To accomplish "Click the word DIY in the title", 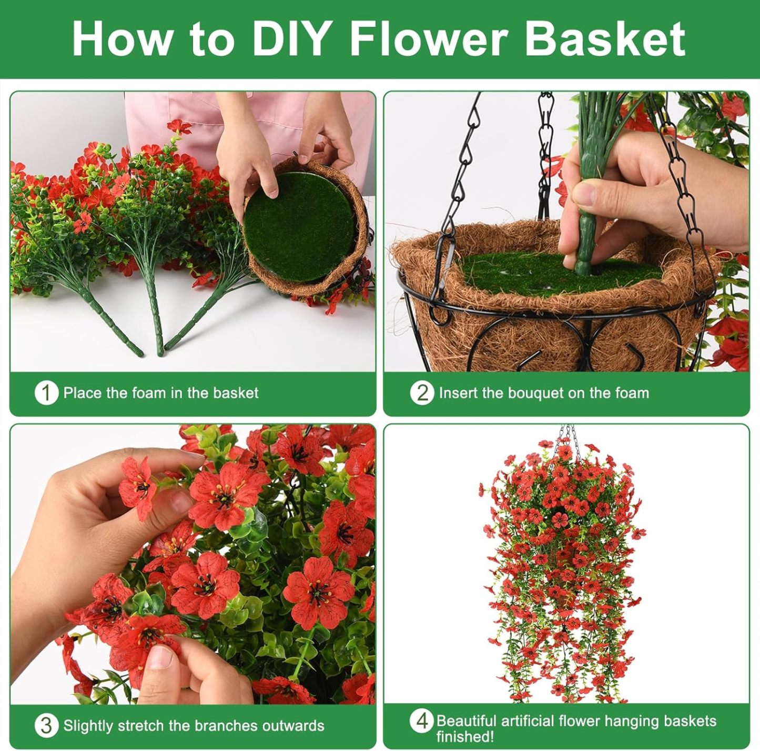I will [291, 39].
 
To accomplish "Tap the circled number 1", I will [46, 393].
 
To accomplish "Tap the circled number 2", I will [422, 393].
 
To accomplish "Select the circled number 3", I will [46, 726].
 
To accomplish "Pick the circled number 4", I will [422, 721].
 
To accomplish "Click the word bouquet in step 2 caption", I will [535, 393].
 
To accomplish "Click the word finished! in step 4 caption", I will [464, 736].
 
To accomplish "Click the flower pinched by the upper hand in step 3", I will [138, 487].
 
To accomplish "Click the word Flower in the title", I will [428, 39].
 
